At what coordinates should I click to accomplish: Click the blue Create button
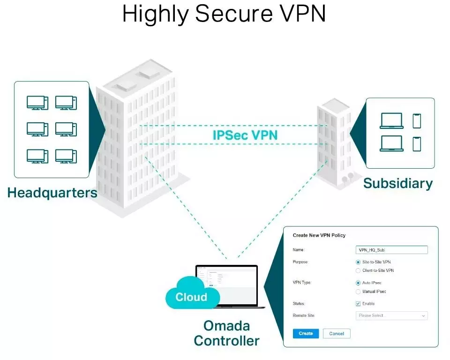(x=306, y=333)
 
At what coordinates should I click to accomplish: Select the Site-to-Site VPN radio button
(x=359, y=262)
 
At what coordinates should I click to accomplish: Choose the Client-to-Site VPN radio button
(x=359, y=270)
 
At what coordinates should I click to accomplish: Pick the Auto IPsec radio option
(x=359, y=283)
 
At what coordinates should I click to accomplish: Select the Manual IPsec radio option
(x=359, y=292)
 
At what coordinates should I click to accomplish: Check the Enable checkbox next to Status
(x=359, y=304)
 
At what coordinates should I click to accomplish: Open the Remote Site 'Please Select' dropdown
(x=391, y=315)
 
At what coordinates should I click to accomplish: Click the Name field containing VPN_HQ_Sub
(x=391, y=250)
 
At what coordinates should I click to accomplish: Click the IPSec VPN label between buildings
(x=245, y=135)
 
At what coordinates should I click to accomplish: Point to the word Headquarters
(x=52, y=193)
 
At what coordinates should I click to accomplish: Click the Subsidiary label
(x=398, y=183)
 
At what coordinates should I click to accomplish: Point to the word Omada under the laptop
(x=226, y=325)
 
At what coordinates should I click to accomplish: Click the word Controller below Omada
(x=226, y=341)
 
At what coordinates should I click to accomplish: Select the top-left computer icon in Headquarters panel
(x=37, y=103)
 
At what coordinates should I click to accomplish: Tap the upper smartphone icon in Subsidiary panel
(x=417, y=121)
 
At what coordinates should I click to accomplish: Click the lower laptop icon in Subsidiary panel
(x=391, y=143)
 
